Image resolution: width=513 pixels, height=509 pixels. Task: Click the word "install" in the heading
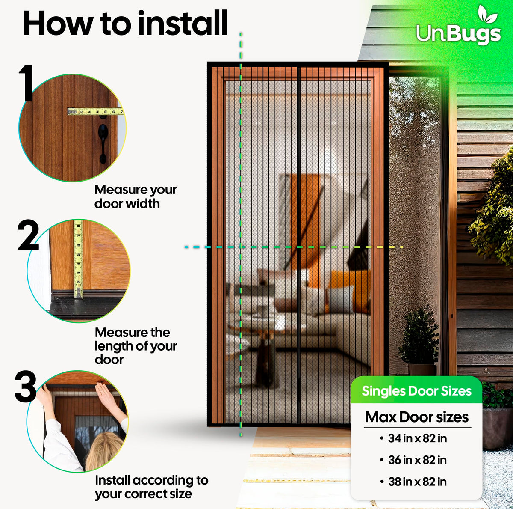click(x=183, y=23)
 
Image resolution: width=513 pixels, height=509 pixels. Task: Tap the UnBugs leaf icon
click(x=487, y=14)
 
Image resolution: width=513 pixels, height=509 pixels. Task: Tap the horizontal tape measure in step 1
click(x=95, y=111)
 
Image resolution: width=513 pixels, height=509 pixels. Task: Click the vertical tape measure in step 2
click(x=78, y=259)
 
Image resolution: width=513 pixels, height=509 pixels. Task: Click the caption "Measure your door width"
click(x=136, y=197)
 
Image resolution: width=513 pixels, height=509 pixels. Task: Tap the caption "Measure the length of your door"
click(x=136, y=346)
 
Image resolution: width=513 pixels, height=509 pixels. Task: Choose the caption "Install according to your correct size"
click(x=151, y=487)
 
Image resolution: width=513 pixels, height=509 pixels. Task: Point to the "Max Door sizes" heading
click(x=417, y=417)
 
